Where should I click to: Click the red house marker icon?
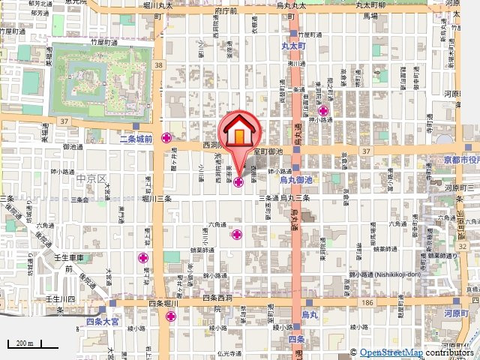238,133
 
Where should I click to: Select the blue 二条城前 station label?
136,139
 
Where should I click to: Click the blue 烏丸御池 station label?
295,181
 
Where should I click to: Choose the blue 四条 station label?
297,339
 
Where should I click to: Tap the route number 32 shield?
463,247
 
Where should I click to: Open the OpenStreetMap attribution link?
391,352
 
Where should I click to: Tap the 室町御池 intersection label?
268,151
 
